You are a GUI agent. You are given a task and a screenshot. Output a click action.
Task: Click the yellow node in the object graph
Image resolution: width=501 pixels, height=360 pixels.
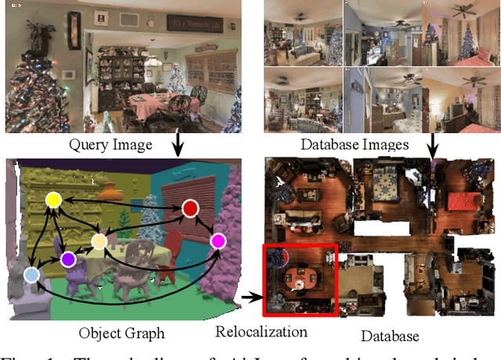pos(53,200)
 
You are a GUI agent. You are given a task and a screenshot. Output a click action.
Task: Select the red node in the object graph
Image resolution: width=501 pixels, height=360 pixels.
pos(189,208)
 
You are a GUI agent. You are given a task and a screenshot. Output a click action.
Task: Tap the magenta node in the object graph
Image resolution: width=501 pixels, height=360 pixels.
pos(217,240)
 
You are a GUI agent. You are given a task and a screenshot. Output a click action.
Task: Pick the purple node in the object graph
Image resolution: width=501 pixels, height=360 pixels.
pos(68,259)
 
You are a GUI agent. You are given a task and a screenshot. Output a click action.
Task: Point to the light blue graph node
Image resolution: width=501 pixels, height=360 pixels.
pos(31,275)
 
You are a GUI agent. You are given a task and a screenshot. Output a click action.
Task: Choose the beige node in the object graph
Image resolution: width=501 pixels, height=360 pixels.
pos(99,242)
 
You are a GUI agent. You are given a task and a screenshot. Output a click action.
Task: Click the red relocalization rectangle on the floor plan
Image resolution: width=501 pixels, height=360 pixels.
pos(299,280)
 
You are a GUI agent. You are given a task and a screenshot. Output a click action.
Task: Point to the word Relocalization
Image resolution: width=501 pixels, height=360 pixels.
pos(260,332)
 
